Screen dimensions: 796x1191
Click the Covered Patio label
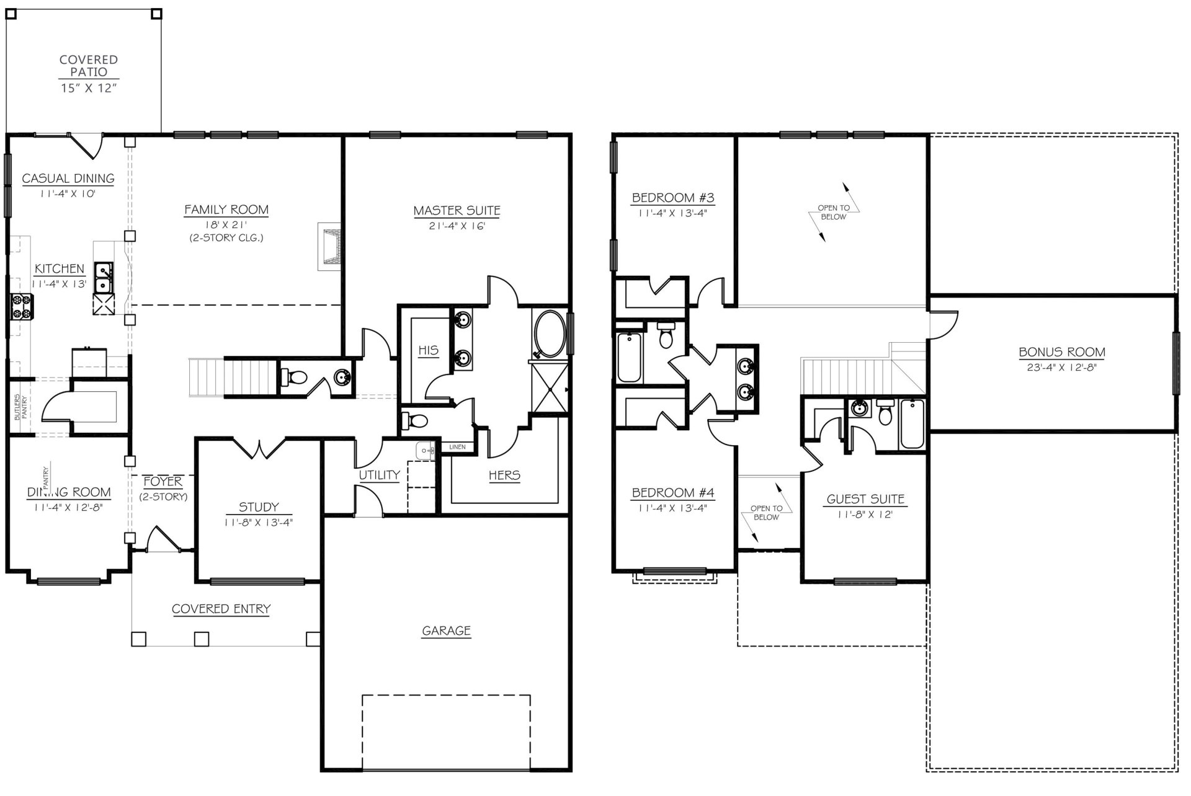coord(89,66)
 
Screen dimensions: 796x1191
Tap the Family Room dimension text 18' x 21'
coord(226,226)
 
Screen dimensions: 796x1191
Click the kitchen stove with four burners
coord(22,307)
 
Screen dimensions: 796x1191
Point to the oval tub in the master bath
coord(549,334)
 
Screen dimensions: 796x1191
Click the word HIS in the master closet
coord(428,350)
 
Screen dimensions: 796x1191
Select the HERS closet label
coord(504,475)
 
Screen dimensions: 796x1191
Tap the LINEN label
coord(457,447)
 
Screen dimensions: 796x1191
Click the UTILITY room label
coord(379,475)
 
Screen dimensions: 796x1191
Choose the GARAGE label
coord(446,631)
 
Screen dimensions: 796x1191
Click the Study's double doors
coord(259,448)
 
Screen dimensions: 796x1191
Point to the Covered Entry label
coord(221,609)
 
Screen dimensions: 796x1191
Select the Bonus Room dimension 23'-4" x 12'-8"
coord(1062,367)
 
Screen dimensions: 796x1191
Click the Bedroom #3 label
coord(673,198)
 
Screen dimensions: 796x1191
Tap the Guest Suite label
coord(865,499)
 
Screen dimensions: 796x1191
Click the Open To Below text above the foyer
coord(766,513)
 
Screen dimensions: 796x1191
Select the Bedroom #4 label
coord(673,493)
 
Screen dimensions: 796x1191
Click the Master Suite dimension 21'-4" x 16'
coord(457,226)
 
